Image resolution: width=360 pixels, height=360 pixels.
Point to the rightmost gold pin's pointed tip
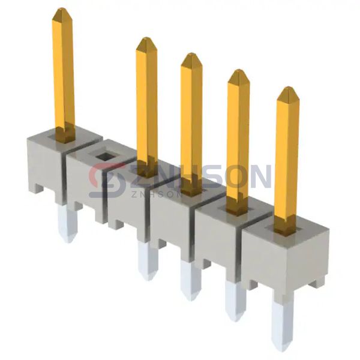(287, 91)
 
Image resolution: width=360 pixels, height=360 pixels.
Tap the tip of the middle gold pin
(191, 57)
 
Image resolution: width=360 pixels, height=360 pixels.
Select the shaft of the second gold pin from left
(146, 102)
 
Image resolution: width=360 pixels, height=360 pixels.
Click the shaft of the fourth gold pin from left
(238, 138)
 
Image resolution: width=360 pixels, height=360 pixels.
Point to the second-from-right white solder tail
(235, 300)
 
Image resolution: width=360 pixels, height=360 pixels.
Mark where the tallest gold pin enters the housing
(65, 135)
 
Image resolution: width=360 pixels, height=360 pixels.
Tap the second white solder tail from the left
(147, 261)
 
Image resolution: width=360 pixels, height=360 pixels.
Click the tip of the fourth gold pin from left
(238, 73)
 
